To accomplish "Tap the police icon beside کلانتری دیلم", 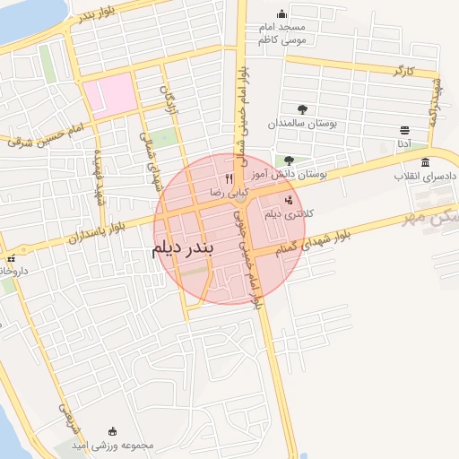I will coord(288,201).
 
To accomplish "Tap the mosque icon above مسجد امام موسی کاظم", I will coord(282,13).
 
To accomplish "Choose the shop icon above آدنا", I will coord(405,131).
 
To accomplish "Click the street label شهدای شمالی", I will coord(146,143).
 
